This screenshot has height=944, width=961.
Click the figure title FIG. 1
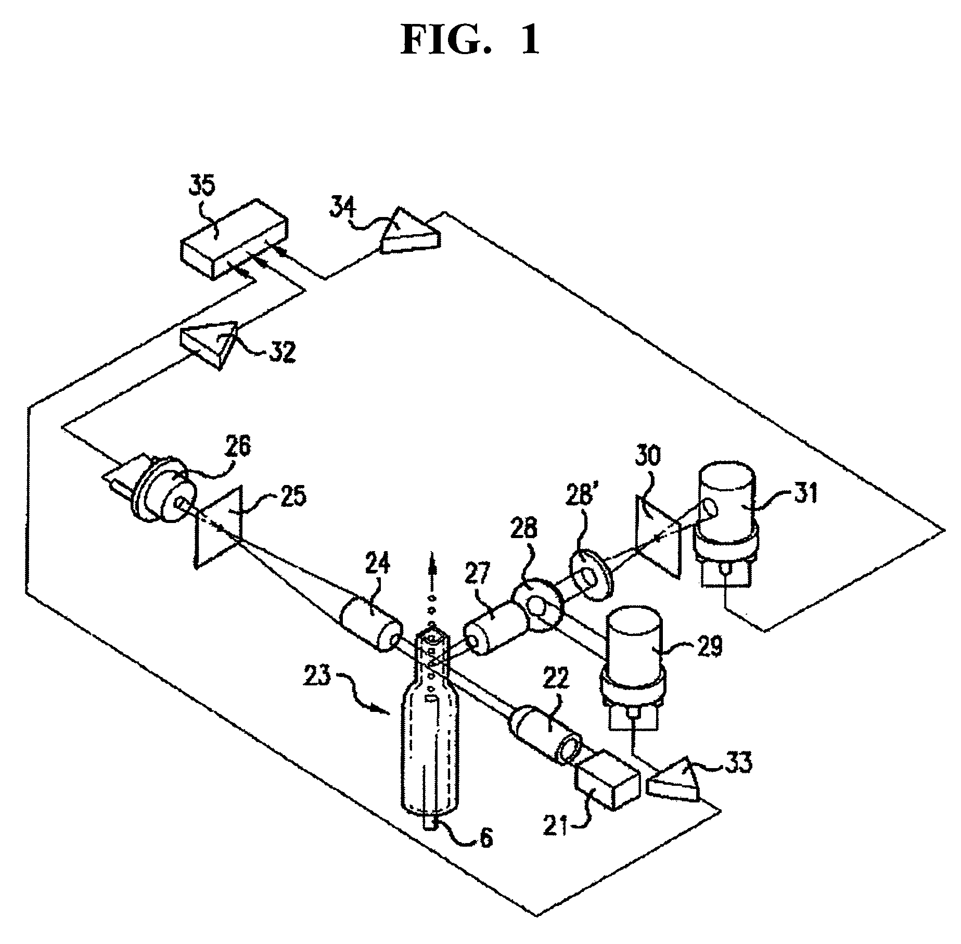coord(470,41)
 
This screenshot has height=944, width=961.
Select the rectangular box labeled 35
coord(234,239)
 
